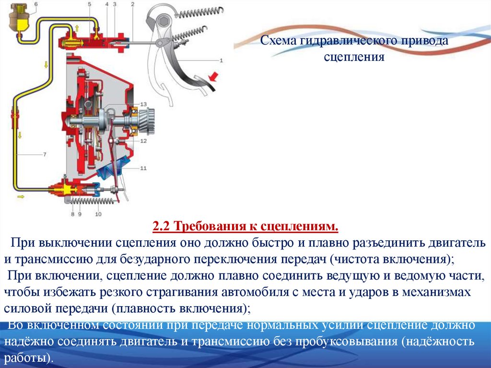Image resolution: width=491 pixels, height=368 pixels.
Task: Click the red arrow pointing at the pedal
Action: pos(213,77)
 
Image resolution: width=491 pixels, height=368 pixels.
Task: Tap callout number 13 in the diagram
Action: pos(143,104)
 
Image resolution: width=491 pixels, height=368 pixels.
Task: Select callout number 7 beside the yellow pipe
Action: pos(44,154)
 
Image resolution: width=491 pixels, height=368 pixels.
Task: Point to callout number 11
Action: pos(143,168)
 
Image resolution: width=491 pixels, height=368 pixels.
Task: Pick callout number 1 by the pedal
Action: pos(221,61)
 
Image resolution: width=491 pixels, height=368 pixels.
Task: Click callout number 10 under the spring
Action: pos(98,214)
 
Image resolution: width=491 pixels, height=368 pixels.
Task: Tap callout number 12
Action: pos(143,141)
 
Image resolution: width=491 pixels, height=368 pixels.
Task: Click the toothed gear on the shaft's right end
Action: pos(149,121)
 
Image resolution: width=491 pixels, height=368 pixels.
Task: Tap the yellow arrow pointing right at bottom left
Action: pos(20,196)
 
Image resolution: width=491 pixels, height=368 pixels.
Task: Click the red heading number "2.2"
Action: pos(162,226)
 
